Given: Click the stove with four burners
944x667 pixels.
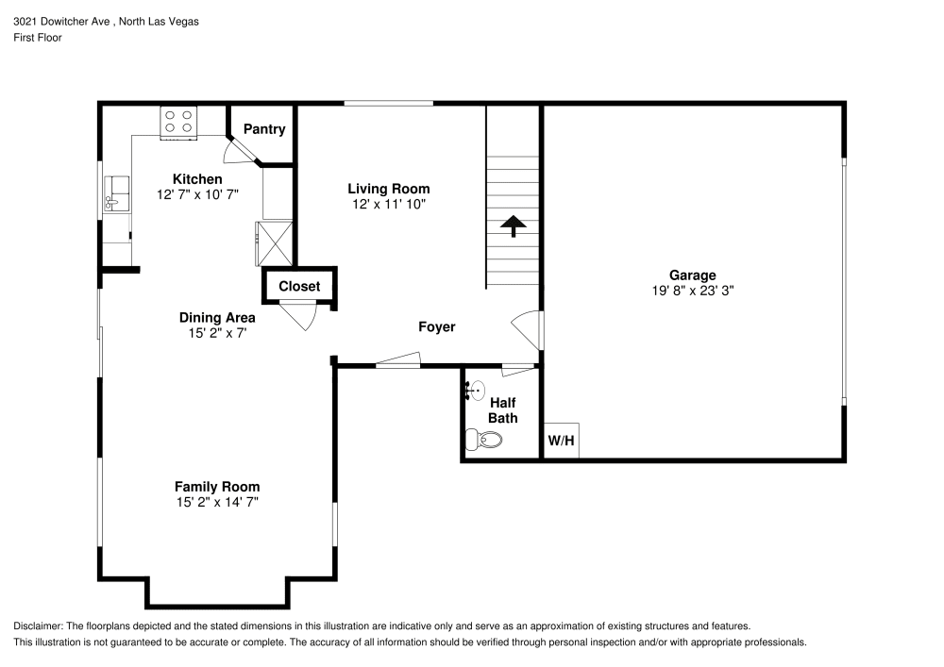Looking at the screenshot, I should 178,121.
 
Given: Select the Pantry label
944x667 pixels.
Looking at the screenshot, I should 264,129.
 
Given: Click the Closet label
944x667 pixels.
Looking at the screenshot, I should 299,286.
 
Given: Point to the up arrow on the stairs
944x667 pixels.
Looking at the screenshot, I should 513,226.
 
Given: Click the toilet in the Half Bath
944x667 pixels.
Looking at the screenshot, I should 484,439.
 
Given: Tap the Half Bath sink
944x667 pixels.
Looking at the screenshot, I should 475,390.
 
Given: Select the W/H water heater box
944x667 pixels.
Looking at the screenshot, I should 562,441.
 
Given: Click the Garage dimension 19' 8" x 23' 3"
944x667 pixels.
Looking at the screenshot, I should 693,292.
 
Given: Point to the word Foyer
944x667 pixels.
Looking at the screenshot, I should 437,327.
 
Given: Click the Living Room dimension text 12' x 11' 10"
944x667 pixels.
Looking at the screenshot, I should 389,204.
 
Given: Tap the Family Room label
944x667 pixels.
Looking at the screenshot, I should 216,487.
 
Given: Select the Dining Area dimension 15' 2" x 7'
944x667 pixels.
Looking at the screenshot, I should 217,333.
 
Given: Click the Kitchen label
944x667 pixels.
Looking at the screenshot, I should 197,179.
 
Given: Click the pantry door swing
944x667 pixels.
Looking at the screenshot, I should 233,149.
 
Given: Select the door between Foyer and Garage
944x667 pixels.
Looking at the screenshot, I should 528,329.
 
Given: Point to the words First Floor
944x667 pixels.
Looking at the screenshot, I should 38,38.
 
